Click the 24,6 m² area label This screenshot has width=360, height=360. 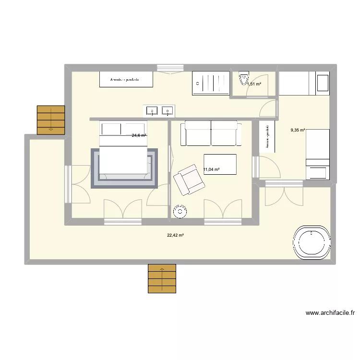tap(139, 135)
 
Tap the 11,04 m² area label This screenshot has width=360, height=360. tap(211, 169)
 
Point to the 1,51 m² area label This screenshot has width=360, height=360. tap(254, 84)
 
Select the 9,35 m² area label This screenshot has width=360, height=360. tap(298, 129)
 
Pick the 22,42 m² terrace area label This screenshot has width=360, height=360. tap(176, 235)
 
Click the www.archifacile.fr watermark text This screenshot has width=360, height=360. tap(330, 313)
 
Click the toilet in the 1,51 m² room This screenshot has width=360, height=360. tap(244, 77)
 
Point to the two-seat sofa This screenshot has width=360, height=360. tap(211, 133)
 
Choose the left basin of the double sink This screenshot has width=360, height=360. tap(152, 111)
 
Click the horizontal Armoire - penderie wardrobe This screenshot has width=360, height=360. tap(126, 79)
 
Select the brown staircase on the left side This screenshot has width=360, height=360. tap(51, 120)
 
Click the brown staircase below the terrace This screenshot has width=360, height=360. tap(162, 278)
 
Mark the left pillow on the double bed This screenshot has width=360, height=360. tap(111, 129)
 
